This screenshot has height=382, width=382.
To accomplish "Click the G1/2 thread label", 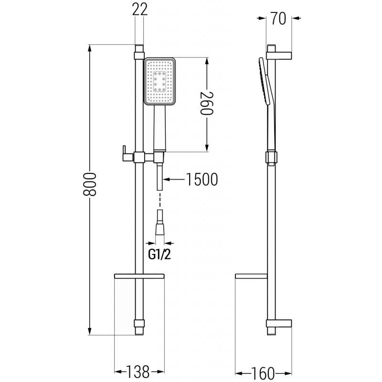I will (x=159, y=255).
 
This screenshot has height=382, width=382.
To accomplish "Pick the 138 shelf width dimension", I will (x=139, y=371).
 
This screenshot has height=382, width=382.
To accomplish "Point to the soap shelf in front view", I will (x=139, y=276).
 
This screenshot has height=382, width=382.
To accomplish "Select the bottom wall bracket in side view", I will (x=279, y=325).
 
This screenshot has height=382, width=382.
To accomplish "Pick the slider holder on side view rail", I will (x=270, y=158).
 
